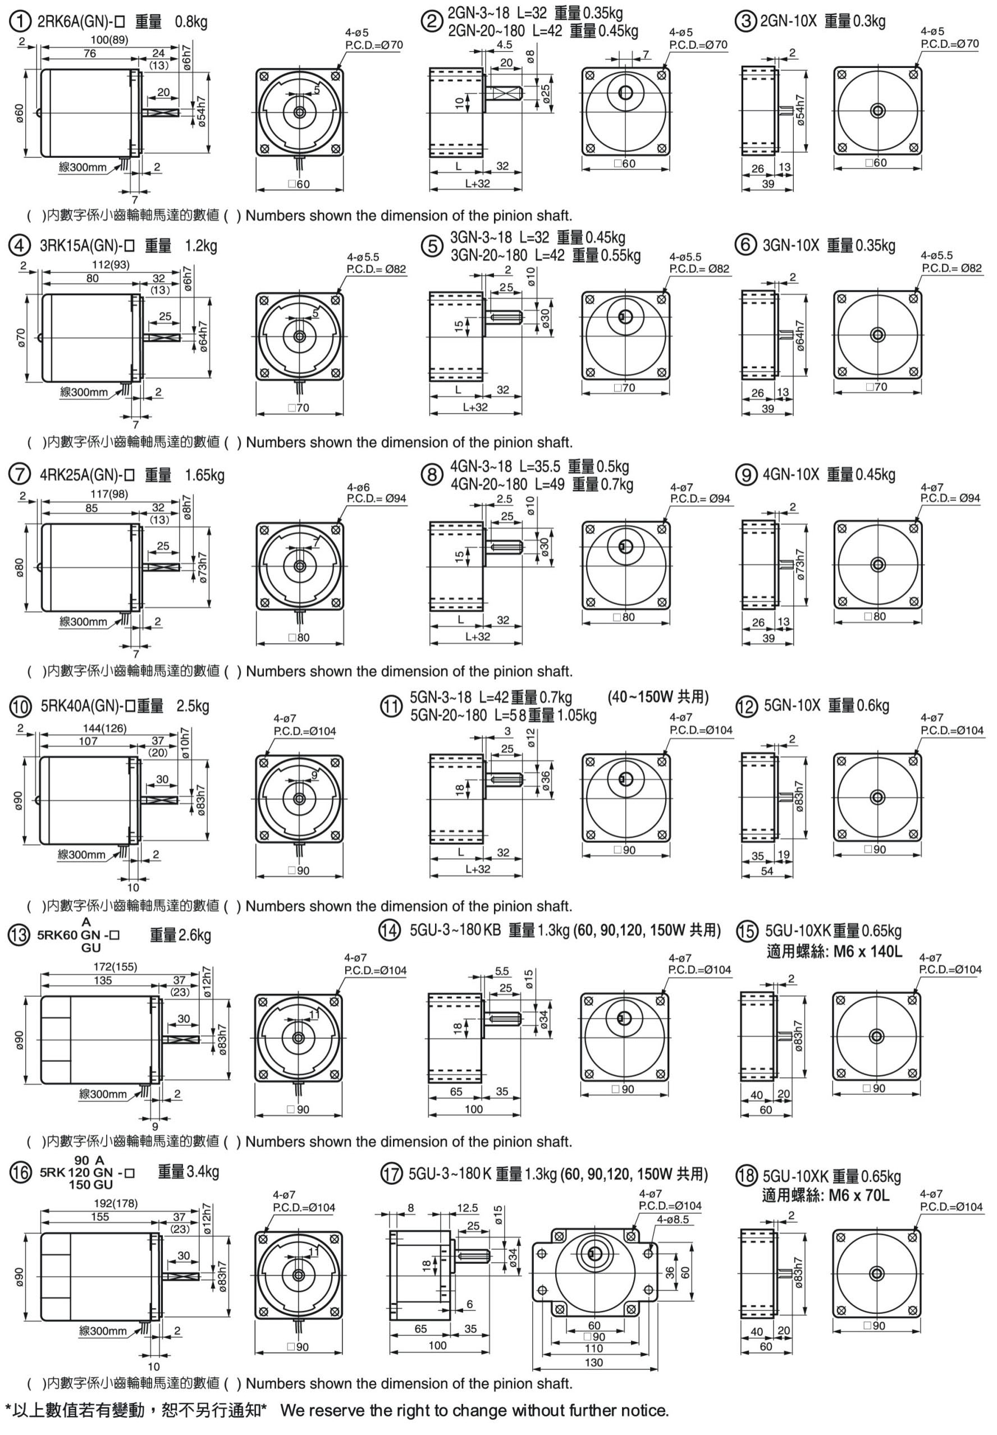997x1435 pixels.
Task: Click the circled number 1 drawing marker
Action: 20,22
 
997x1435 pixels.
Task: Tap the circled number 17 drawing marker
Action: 392,1175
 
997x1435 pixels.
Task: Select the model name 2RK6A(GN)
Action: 76,22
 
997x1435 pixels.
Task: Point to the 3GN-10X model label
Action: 790,245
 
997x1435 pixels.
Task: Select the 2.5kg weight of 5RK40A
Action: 193,706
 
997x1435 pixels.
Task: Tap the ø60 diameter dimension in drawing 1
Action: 19,113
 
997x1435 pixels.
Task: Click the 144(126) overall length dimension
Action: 104,728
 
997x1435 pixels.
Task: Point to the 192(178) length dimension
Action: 116,1203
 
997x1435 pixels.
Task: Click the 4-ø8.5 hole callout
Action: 673,1219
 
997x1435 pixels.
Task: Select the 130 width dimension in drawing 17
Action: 593,1363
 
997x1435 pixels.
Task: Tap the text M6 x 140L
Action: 868,952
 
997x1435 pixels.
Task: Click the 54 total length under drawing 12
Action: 766,871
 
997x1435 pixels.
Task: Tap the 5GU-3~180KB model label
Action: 455,931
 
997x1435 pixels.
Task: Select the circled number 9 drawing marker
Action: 746,475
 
